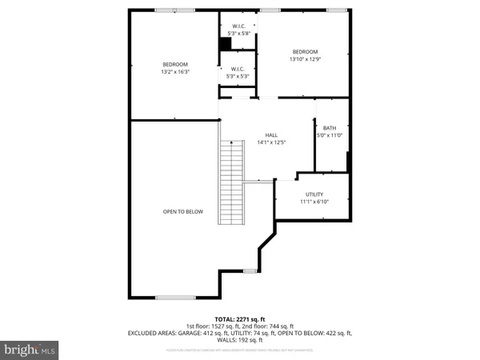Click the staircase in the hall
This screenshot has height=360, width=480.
[231, 172]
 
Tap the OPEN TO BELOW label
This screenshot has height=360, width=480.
[183, 212]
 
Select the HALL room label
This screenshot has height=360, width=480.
[272, 135]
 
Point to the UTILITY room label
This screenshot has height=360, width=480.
[313, 194]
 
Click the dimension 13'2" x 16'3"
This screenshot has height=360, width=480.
[175, 72]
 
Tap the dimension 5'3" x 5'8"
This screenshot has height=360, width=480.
[238, 33]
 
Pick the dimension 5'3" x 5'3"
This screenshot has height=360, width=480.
[238, 77]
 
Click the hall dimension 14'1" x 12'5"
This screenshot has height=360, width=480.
[272, 143]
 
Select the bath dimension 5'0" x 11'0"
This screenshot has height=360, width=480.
[330, 135]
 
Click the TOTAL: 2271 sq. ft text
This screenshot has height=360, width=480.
[239, 319]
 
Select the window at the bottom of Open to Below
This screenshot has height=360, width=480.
[175, 298]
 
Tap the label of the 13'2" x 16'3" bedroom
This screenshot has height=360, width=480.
[175, 65]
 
